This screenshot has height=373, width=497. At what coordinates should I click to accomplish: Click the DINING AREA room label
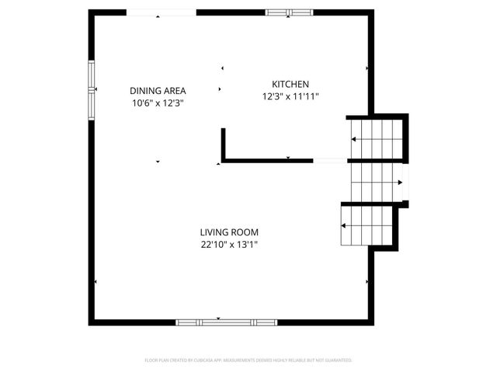pyautogui.click(x=158, y=90)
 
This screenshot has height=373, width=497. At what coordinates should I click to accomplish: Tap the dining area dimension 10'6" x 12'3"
pyautogui.click(x=158, y=103)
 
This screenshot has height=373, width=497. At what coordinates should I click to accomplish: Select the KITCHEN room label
pyautogui.click(x=290, y=85)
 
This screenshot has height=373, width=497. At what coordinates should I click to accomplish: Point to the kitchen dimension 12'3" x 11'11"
pyautogui.click(x=290, y=97)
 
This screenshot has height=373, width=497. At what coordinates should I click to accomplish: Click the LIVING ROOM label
pyautogui.click(x=229, y=232)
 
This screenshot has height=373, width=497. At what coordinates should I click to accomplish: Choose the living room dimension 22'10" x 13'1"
pyautogui.click(x=229, y=244)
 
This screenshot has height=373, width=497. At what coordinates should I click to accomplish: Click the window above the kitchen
pyautogui.click(x=290, y=12)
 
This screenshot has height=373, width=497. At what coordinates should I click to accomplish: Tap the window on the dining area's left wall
pyautogui.click(x=92, y=89)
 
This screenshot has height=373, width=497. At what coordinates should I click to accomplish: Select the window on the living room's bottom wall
pyautogui.click(x=226, y=322)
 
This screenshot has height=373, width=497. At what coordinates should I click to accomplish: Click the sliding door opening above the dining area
pyautogui.click(x=162, y=13)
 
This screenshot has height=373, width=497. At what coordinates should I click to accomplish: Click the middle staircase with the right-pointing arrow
pyautogui.click(x=375, y=183)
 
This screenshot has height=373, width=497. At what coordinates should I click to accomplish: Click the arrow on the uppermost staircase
pyautogui.click(x=354, y=139)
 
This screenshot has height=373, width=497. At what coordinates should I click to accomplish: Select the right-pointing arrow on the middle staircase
pyautogui.click(x=398, y=183)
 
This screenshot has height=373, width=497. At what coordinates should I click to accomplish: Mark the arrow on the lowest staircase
pyautogui.click(x=343, y=225)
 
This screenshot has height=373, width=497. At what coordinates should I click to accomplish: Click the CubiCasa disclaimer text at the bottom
pyautogui.click(x=248, y=361)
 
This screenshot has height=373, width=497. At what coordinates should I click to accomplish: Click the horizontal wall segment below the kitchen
pyautogui.click(x=268, y=161)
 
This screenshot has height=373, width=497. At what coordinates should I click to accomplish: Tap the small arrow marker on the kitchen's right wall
pyautogui.click(x=367, y=68)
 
